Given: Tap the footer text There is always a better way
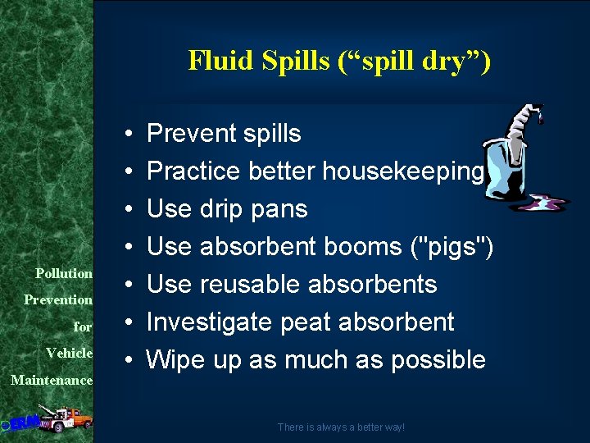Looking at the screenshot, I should coord(341,427).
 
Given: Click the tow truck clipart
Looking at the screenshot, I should coord(61,418).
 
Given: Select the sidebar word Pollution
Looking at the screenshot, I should coord(64,272).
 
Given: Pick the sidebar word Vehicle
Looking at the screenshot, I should coord(69,352).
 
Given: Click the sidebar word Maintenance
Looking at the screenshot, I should coord(52,380).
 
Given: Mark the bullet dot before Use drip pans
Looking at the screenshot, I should coord(130,209).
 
